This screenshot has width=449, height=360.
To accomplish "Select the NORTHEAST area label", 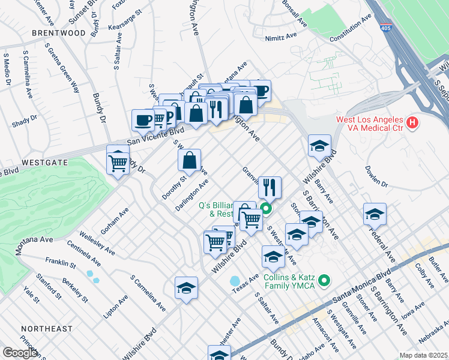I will [46, 329].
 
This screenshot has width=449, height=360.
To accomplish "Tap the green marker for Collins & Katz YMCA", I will [325, 280].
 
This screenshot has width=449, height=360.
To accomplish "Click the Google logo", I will [20, 353].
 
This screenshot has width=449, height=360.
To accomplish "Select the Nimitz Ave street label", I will [282, 37].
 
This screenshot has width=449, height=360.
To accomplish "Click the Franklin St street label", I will [58, 263].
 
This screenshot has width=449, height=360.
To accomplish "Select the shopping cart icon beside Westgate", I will [118, 161].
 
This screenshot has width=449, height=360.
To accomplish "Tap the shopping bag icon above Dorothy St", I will [189, 160].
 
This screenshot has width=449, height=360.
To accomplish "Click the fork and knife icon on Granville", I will [270, 187].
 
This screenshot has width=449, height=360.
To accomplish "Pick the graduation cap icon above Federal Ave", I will [374, 214].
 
